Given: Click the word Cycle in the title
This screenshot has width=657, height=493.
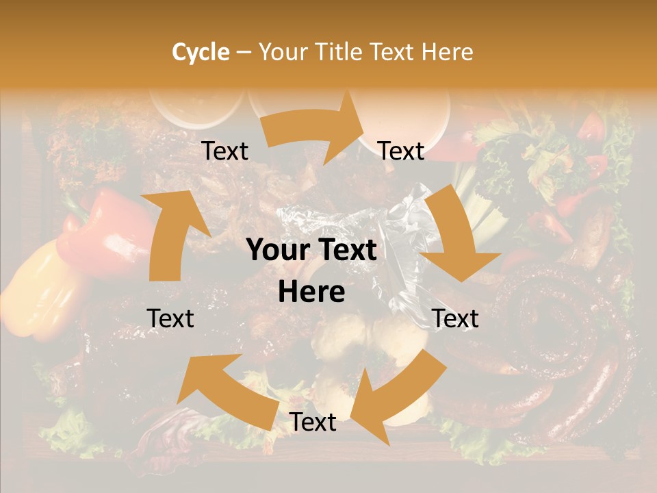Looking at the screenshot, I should [x=201, y=52].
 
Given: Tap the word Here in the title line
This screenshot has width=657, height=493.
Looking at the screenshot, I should [x=448, y=52].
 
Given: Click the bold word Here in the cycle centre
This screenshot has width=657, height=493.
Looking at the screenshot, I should [x=311, y=292].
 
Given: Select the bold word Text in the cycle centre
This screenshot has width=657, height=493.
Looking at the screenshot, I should [x=345, y=251].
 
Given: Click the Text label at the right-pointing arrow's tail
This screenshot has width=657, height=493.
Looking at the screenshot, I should [x=225, y=151].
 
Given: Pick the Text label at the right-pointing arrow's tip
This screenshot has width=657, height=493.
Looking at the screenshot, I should [x=401, y=151].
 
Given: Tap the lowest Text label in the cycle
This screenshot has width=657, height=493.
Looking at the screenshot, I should [x=313, y=422].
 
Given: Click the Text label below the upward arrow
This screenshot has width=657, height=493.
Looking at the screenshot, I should [x=170, y=318].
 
